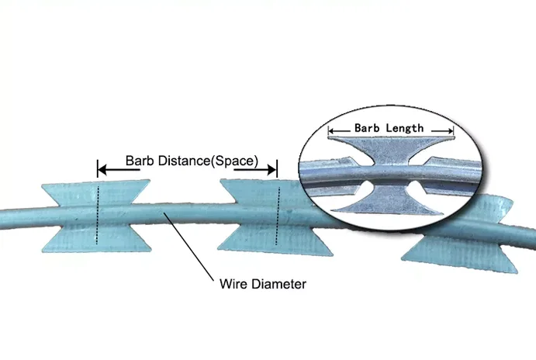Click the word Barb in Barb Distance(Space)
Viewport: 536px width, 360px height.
(x=139, y=161)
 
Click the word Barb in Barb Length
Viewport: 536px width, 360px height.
(x=368, y=128)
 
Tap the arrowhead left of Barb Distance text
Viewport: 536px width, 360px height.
(x=102, y=167)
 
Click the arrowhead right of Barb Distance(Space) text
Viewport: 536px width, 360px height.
(x=271, y=167)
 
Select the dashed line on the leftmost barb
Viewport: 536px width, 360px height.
(x=98, y=213)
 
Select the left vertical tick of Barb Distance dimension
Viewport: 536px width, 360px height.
(x=98, y=167)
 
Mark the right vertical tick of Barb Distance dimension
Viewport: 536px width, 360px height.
(x=277, y=167)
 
